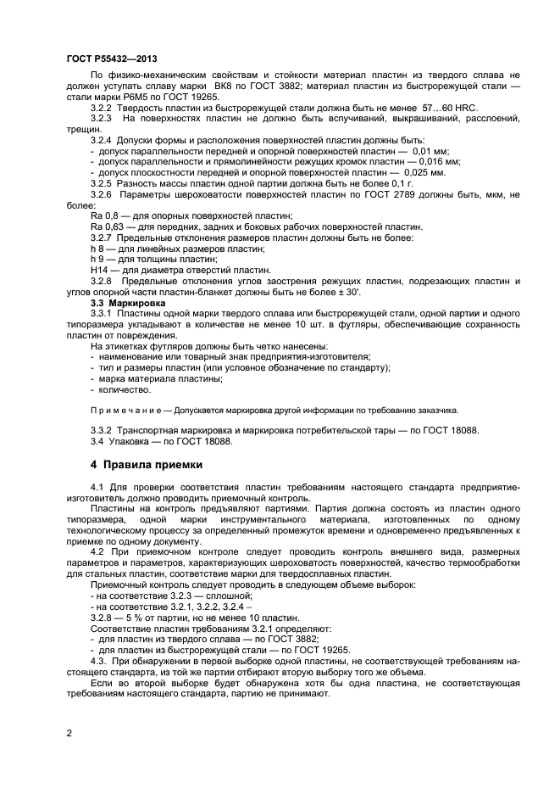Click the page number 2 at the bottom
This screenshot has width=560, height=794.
(x=69, y=730)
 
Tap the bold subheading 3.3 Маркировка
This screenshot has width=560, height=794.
(x=128, y=302)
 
